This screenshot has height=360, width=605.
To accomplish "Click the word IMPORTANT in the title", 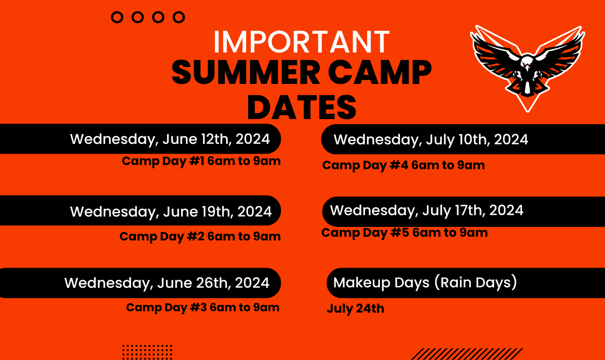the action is tap(302, 41).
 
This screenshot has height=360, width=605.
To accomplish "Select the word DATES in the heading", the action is tap(302, 107).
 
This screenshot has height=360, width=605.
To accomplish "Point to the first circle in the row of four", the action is tap(117, 17).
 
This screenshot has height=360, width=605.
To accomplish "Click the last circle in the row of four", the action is tap(179, 17).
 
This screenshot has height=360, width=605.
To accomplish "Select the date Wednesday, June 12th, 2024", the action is tap(170, 139).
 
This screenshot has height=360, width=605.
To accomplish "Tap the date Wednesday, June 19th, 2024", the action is tap(171, 211).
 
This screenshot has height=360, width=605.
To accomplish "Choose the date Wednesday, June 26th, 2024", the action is tap(166, 283).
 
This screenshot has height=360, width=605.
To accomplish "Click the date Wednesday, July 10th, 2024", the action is tap(431, 140).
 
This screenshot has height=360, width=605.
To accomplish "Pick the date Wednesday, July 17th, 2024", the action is tap(427, 210).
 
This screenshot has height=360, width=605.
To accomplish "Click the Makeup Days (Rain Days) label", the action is tap(425, 283).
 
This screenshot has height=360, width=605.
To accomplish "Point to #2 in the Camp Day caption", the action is tap(196, 236).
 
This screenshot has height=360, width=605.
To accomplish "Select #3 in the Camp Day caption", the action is tap(198, 307).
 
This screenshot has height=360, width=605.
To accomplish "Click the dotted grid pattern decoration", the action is tap(147, 352).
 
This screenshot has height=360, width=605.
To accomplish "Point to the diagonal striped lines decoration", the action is tap(467, 354).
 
